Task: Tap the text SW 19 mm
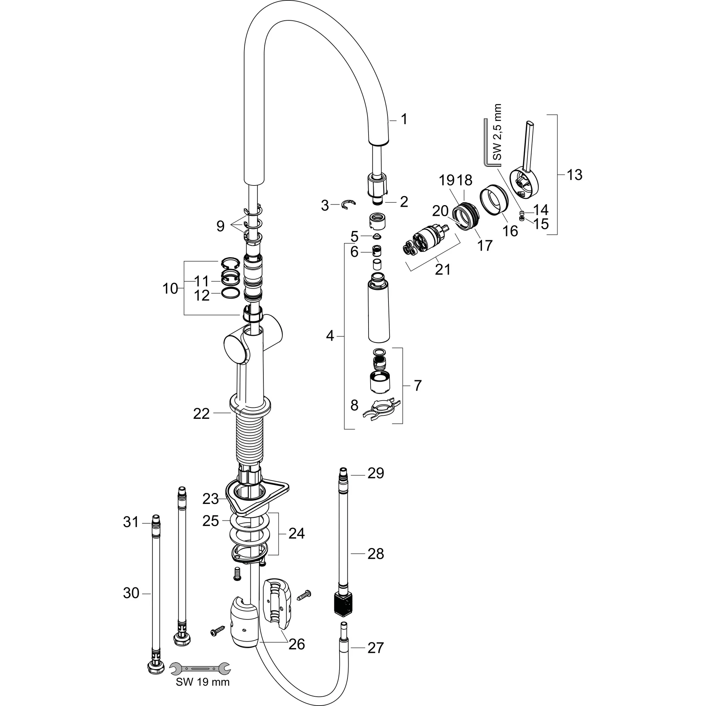coord(203,682)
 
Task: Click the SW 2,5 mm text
coord(497,132)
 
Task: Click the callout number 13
coord(574,175)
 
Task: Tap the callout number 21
coord(443,270)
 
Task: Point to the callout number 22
coord(201,414)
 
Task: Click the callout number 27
coord(375,648)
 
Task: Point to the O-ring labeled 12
coord(231,293)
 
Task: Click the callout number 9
coord(220,226)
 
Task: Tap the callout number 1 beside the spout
coord(404,119)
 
